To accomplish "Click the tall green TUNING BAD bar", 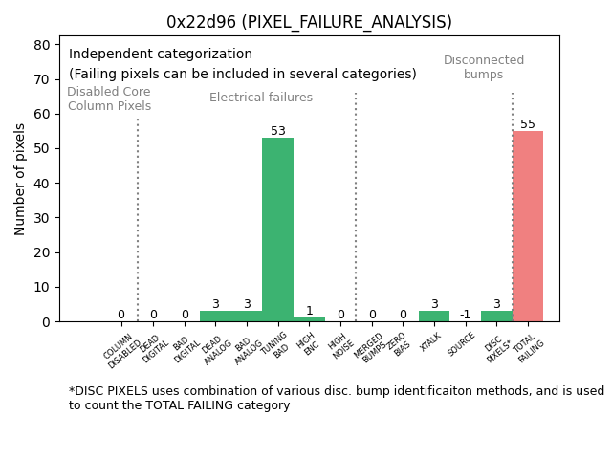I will [277, 229].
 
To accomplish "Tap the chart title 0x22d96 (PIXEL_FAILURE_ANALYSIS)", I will [309, 22].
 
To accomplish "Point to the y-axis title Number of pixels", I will [20, 179].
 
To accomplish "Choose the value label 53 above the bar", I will [277, 131].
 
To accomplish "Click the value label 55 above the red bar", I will [527, 124].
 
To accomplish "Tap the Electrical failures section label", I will [261, 98].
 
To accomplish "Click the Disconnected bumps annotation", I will [484, 67].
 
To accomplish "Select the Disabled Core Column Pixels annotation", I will [109, 98].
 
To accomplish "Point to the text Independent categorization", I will [161, 55].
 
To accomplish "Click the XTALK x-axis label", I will [429, 344].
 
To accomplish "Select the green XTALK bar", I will [433, 316].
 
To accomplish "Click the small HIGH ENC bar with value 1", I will [309, 319].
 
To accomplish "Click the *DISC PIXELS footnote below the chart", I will [336, 398].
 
